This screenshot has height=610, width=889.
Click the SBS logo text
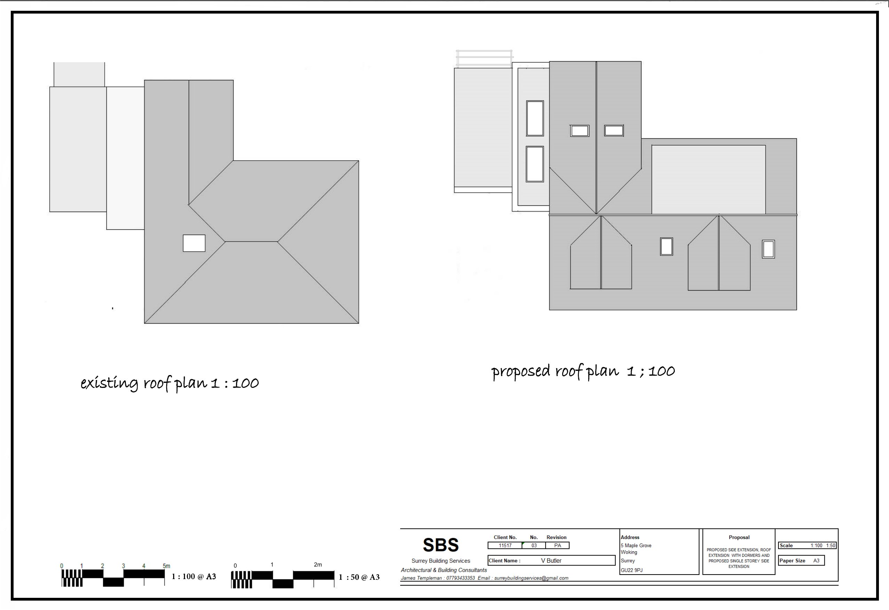[x=441, y=545]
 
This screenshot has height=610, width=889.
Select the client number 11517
[x=505, y=545]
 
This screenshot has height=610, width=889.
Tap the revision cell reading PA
[x=558, y=545]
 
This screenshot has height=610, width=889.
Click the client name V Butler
[x=551, y=561]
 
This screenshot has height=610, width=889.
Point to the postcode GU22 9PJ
[x=632, y=570]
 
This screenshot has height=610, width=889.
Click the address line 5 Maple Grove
[x=636, y=545]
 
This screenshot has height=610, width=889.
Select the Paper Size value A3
[x=816, y=561]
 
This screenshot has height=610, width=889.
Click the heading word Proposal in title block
[x=739, y=537]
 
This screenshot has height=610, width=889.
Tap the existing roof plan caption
[x=169, y=383]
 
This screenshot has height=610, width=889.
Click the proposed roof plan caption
[x=583, y=371]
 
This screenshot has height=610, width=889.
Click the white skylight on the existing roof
[x=194, y=243]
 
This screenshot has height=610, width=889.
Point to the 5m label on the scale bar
[x=167, y=566]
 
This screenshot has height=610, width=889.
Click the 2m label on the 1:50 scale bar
[x=318, y=564]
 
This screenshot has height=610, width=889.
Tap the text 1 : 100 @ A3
[x=194, y=576]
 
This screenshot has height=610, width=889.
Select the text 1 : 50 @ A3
[x=359, y=577]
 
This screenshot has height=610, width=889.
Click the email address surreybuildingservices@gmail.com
[x=531, y=578]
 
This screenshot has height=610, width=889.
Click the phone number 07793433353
[x=461, y=578]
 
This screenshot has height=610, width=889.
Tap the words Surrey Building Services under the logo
[x=441, y=561]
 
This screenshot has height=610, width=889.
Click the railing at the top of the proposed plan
[x=484, y=59]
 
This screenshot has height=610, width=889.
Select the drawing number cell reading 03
[x=534, y=545]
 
